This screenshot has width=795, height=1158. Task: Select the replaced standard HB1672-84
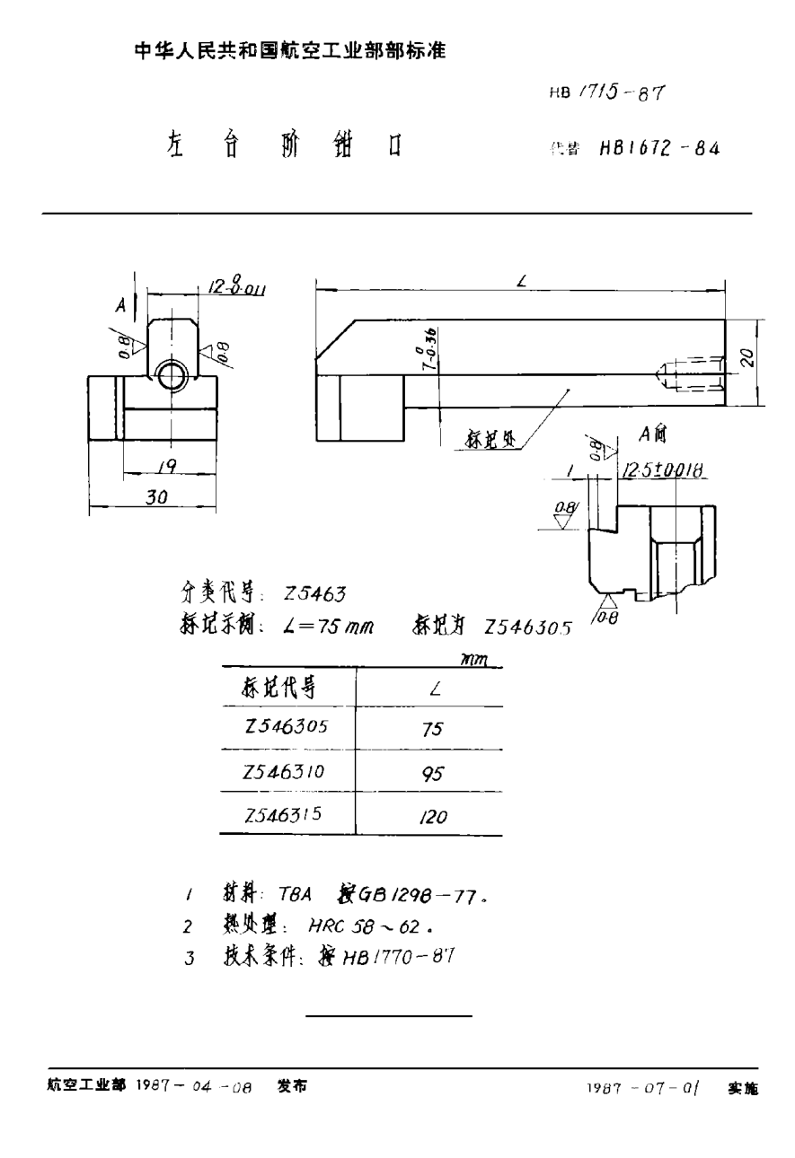(658, 149)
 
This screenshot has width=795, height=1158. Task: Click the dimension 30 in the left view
(156, 496)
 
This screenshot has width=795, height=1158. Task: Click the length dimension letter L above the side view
(521, 282)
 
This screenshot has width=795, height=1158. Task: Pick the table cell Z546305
(286, 728)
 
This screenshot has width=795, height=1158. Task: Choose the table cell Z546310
(286, 771)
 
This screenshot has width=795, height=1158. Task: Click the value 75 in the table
(432, 730)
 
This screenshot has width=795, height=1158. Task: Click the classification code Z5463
(314, 592)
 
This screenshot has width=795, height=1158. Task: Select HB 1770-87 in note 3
(400, 956)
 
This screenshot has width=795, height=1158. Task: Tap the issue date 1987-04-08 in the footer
(193, 1086)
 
